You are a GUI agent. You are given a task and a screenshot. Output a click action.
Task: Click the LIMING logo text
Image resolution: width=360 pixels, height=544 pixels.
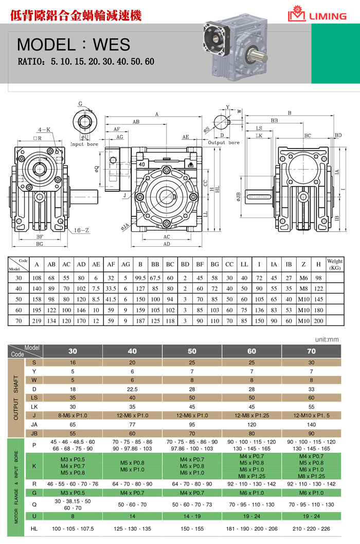pos(328,16)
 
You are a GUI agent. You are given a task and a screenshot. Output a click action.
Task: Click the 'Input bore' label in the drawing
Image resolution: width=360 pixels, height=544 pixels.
pos(84,144)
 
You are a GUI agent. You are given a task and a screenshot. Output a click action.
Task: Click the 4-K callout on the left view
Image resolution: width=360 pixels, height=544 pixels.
pos(43,130)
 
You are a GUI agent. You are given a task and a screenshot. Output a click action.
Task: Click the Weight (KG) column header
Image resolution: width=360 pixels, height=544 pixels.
pos(335,264)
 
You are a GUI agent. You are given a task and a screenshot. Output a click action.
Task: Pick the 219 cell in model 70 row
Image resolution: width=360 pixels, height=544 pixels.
pos(37,321)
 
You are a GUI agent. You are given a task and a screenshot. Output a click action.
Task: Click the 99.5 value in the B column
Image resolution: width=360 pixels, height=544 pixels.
pos(140,278)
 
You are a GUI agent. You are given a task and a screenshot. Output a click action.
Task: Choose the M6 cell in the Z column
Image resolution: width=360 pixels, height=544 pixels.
pos(303,278)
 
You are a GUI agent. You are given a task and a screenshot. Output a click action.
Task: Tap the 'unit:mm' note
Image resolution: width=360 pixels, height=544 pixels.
pos(328,340)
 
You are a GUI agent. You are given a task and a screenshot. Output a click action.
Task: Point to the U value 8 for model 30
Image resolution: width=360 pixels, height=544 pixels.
pos(73,516)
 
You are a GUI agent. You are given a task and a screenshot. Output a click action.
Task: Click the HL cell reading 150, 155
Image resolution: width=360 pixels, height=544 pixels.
pos(192,528)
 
